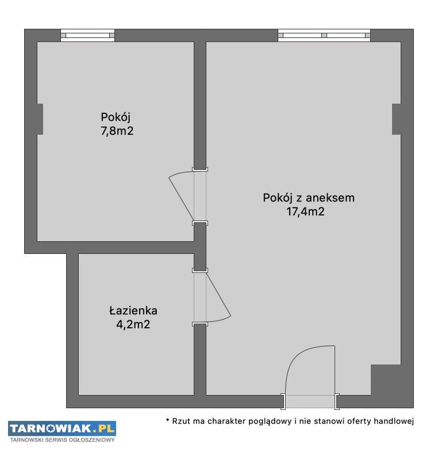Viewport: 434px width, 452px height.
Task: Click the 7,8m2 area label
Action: [117, 131]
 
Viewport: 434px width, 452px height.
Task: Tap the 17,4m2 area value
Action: [305, 211]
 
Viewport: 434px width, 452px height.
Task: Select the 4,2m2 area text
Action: [133, 325]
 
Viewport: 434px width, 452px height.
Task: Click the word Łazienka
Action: [133, 310]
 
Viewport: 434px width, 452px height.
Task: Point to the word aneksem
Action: [330, 197]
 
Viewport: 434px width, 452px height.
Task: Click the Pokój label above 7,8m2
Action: [116, 117]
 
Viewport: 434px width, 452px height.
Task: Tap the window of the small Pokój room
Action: [88, 36]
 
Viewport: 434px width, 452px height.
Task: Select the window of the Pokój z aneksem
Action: [324, 36]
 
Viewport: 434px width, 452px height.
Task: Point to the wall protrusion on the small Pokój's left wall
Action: [40, 119]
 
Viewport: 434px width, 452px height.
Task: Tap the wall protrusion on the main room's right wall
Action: [397, 119]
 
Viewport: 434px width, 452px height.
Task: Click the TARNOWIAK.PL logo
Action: [62, 428]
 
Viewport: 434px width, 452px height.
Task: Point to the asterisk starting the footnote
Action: [167, 420]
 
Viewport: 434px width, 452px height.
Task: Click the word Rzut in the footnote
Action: [181, 421]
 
